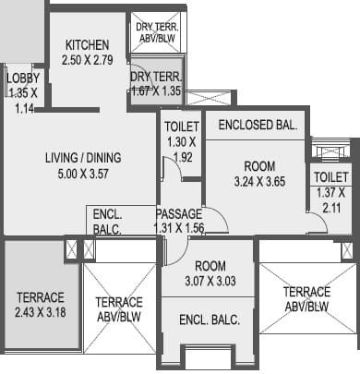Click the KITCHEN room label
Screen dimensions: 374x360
coord(87,45)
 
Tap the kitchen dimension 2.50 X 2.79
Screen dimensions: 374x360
coord(87,59)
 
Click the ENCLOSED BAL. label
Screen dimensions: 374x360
coord(258,126)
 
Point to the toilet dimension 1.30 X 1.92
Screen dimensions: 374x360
coord(181,150)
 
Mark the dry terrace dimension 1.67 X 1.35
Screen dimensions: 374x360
coord(157,91)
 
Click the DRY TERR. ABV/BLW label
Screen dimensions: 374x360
coord(158,32)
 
